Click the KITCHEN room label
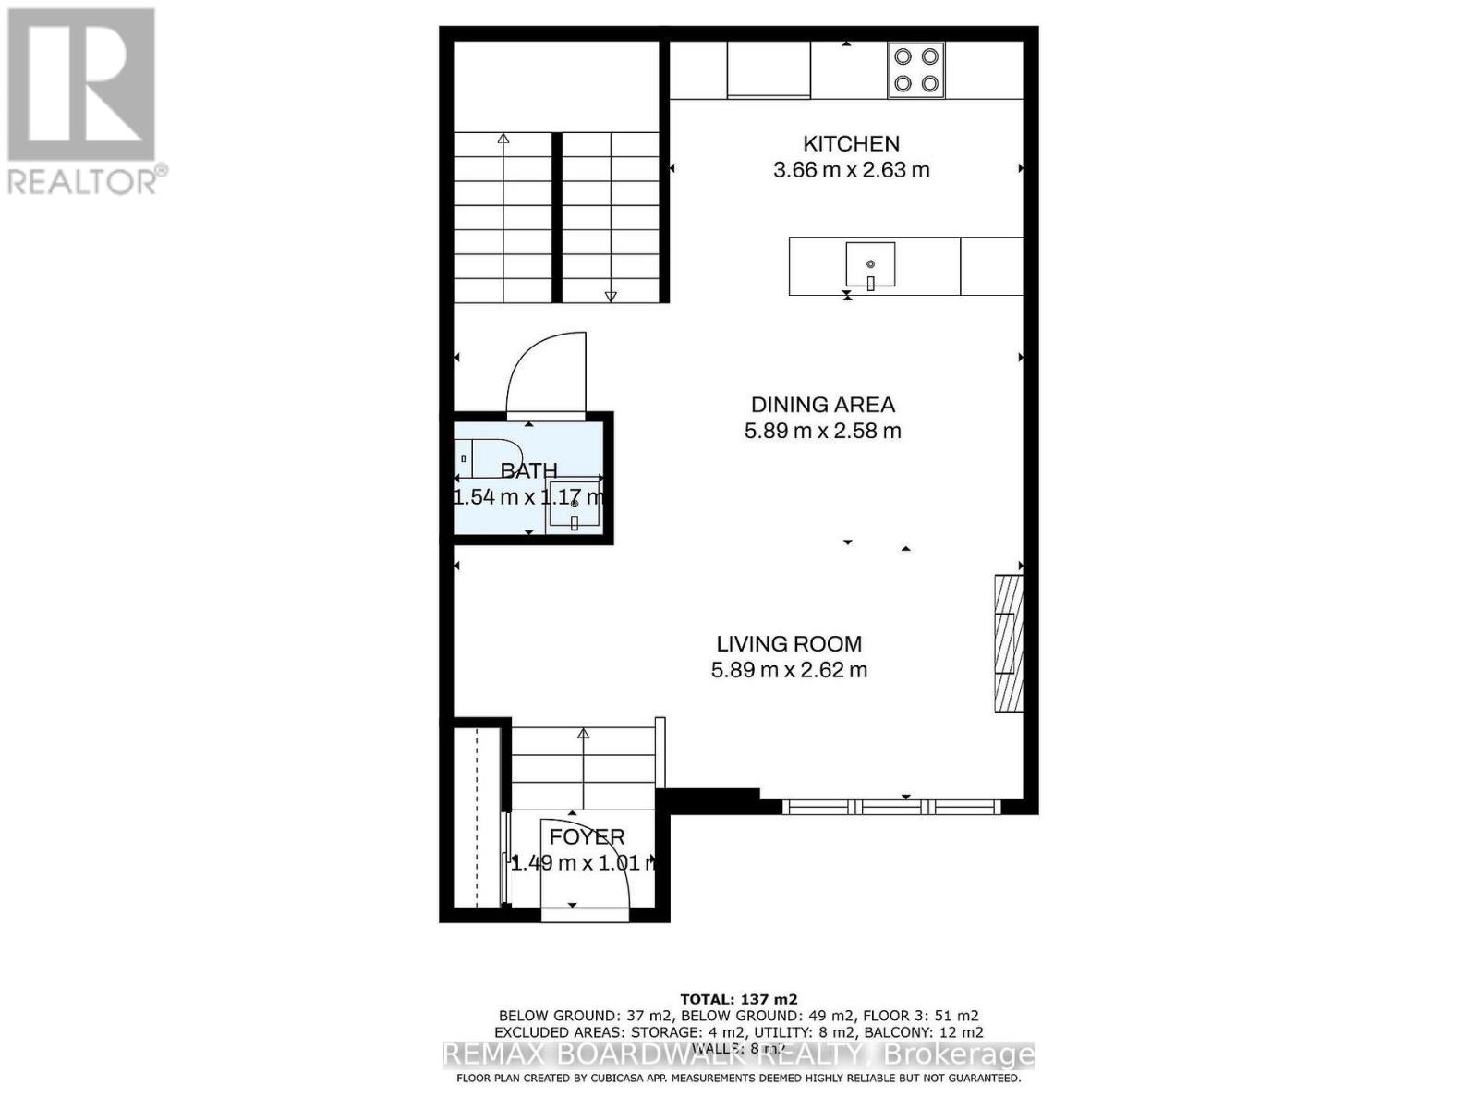pyautogui.click(x=851, y=143)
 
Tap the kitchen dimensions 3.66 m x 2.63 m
pyautogui.click(x=851, y=170)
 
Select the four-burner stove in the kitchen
pyautogui.click(x=915, y=70)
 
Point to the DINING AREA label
pyautogui.click(x=822, y=405)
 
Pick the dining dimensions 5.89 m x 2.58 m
pyautogui.click(x=822, y=431)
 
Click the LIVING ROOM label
pyautogui.click(x=789, y=644)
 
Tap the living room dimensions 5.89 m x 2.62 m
pyautogui.click(x=789, y=670)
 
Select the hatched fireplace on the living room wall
pyautogui.click(x=1009, y=643)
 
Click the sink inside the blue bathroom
pyautogui.click(x=574, y=506)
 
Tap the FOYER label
pyautogui.click(x=587, y=837)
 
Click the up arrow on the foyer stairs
pyautogui.click(x=584, y=735)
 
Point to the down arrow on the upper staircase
pyautogui.click(x=610, y=295)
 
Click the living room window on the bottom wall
pyautogui.click(x=891, y=807)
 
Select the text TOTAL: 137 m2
pyautogui.click(x=738, y=999)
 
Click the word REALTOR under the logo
pyautogui.click(x=83, y=181)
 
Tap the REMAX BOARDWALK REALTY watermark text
pyautogui.click(x=739, y=1055)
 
